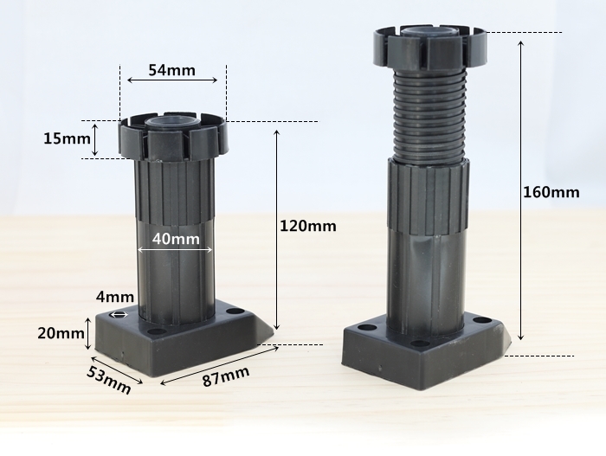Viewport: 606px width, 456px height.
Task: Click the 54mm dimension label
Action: click(x=172, y=70)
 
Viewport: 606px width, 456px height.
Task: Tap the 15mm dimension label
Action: click(x=67, y=138)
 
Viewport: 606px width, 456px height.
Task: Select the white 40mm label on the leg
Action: click(x=176, y=239)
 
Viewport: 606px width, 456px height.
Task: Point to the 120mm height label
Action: click(x=308, y=226)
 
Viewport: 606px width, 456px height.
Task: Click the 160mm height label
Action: click(x=551, y=192)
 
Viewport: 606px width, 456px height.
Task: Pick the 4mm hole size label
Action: click(x=115, y=297)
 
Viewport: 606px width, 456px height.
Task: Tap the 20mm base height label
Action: click(x=61, y=333)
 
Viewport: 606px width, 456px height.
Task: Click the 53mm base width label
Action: click(x=108, y=380)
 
